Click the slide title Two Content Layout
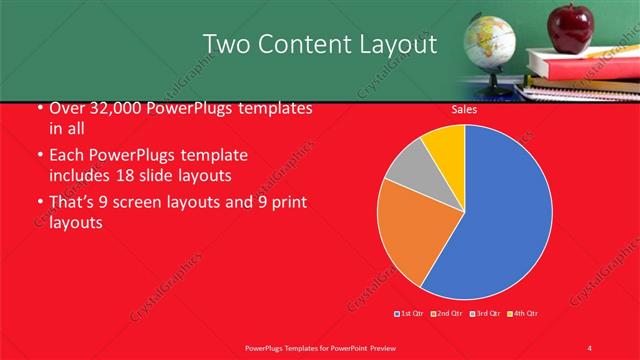pyautogui.click(x=319, y=44)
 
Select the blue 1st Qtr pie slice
pyautogui.click(x=500, y=220)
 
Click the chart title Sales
pyautogui.click(x=463, y=109)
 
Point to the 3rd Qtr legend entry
pyautogui.click(x=485, y=314)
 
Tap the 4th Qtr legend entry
pyautogui.click(x=522, y=314)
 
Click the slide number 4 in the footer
pyautogui.click(x=589, y=347)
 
